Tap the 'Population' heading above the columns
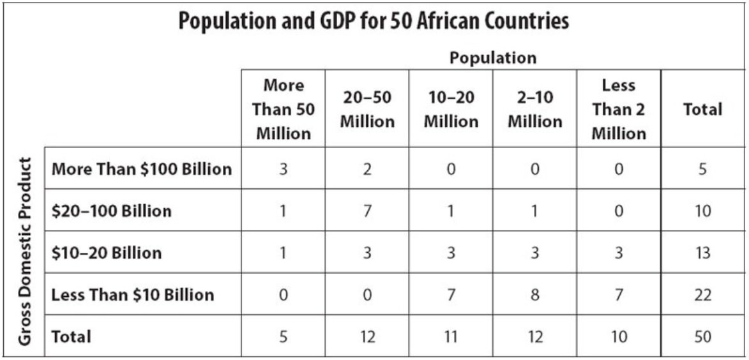[x=492, y=58]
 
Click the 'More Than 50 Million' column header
[x=283, y=109]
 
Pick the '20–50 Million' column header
[x=367, y=109]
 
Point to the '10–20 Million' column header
[x=451, y=109]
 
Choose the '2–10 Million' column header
[x=534, y=109]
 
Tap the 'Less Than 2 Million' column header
[x=618, y=109]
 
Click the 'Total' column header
[x=702, y=109]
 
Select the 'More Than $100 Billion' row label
[x=141, y=169]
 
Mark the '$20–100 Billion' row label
[x=111, y=211]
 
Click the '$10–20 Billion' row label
[x=106, y=253]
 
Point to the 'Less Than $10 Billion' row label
[x=132, y=294]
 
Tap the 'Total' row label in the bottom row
[x=71, y=336]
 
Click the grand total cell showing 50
[x=702, y=336]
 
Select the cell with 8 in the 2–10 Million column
[x=534, y=294]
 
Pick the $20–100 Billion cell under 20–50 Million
[x=367, y=211]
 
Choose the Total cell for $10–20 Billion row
[x=702, y=253]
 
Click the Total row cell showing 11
[x=451, y=336]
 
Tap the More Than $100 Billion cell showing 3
[x=283, y=169]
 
